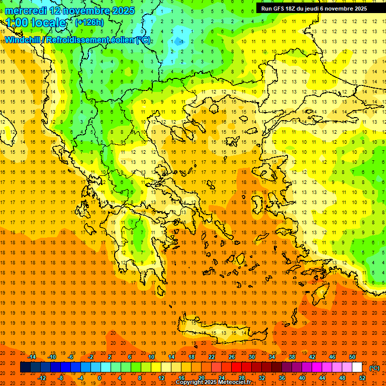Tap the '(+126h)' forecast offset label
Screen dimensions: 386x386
(89, 22)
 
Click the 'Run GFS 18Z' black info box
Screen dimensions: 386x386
(314, 9)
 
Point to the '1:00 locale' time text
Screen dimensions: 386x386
(36, 23)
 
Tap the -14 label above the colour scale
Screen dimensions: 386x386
(32, 357)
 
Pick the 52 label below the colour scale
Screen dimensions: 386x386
(362, 378)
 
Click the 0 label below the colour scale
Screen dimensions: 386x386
(100, 378)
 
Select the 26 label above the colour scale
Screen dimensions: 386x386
(232, 357)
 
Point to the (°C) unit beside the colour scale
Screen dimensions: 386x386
(374, 368)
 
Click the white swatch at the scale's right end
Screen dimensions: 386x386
(357, 367)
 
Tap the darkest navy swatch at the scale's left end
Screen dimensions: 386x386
(25, 367)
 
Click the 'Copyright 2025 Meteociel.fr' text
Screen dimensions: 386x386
(213, 382)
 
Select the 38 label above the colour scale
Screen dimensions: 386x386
(292, 357)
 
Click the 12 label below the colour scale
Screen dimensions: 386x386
(161, 378)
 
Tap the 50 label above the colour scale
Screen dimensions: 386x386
(352, 357)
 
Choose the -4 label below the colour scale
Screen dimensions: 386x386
(80, 378)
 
